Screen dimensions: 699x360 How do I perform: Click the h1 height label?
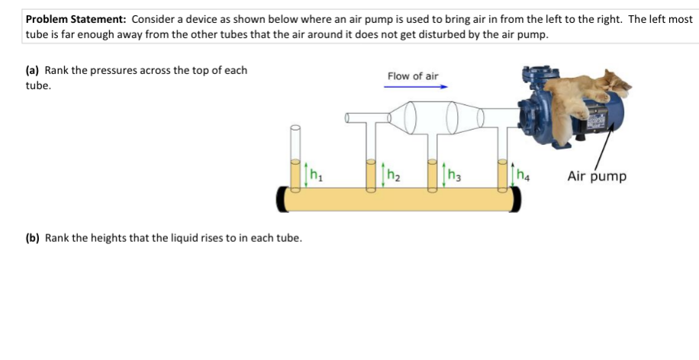click(316, 175)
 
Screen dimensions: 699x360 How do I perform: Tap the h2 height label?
click(393, 175)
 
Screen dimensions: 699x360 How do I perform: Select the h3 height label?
click(454, 175)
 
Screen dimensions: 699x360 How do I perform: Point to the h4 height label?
click(523, 175)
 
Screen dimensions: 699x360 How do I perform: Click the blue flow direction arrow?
click(415, 87)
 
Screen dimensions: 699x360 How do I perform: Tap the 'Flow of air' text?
click(413, 76)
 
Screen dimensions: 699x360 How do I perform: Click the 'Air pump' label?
click(597, 176)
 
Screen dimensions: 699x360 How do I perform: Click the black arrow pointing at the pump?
click(604, 146)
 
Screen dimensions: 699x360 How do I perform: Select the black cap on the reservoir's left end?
click(282, 199)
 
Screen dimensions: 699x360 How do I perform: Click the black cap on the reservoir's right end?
click(515, 199)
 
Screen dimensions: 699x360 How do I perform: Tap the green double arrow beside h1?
click(306, 175)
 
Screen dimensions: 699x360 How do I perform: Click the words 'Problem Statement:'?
click(76, 19)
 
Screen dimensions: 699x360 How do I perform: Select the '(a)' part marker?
click(33, 70)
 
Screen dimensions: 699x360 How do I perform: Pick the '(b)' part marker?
click(33, 238)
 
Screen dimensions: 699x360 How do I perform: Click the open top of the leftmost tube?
click(295, 128)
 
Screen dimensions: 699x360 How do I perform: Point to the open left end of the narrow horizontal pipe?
click(347, 117)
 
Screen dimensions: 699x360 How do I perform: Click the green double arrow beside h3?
click(443, 175)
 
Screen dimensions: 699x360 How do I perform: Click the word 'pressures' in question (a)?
click(111, 71)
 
